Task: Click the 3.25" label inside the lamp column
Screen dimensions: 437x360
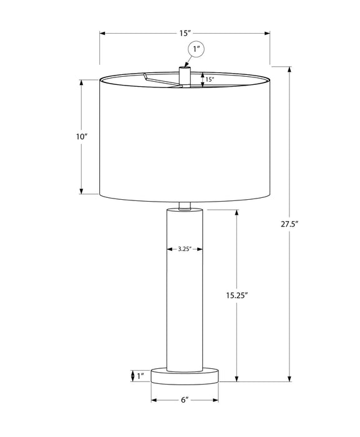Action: click(184, 248)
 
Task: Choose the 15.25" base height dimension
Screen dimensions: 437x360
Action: click(238, 296)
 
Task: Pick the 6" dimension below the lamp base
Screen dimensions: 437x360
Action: click(185, 400)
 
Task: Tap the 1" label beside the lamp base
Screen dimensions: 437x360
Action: click(142, 375)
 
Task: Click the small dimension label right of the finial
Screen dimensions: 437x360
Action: click(210, 79)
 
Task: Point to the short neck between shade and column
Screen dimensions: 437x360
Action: click(185, 205)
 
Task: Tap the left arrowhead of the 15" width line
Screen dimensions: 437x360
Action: click(103, 32)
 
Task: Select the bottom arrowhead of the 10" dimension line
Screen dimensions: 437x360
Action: click(82, 191)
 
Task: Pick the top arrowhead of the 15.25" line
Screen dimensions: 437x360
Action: click(238, 214)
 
